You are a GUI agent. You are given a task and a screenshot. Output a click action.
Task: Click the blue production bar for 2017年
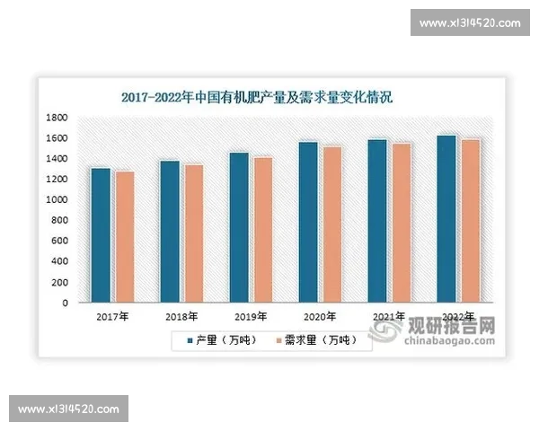click(x=100, y=236)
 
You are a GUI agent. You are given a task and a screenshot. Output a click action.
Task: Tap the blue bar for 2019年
click(x=239, y=228)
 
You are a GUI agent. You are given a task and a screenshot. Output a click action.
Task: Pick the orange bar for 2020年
click(x=331, y=225)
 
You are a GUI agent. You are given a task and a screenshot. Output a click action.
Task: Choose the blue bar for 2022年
click(x=446, y=220)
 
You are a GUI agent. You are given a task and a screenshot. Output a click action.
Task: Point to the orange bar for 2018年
click(x=193, y=234)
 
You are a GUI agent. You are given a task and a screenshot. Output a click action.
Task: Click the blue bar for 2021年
click(x=377, y=222)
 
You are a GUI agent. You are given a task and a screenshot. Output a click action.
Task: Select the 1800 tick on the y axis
click(x=57, y=118)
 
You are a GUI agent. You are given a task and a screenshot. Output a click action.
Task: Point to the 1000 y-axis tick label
click(x=57, y=200)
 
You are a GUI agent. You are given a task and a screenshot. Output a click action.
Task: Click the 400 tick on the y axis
click(x=60, y=262)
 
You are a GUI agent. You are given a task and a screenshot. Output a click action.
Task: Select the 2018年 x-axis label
click(x=181, y=317)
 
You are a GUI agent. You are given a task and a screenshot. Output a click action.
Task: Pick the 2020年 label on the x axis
click(x=320, y=317)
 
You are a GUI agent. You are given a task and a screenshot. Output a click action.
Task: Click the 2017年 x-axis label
click(x=112, y=317)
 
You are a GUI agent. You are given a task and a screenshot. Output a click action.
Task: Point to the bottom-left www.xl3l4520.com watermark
click(x=68, y=409)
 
